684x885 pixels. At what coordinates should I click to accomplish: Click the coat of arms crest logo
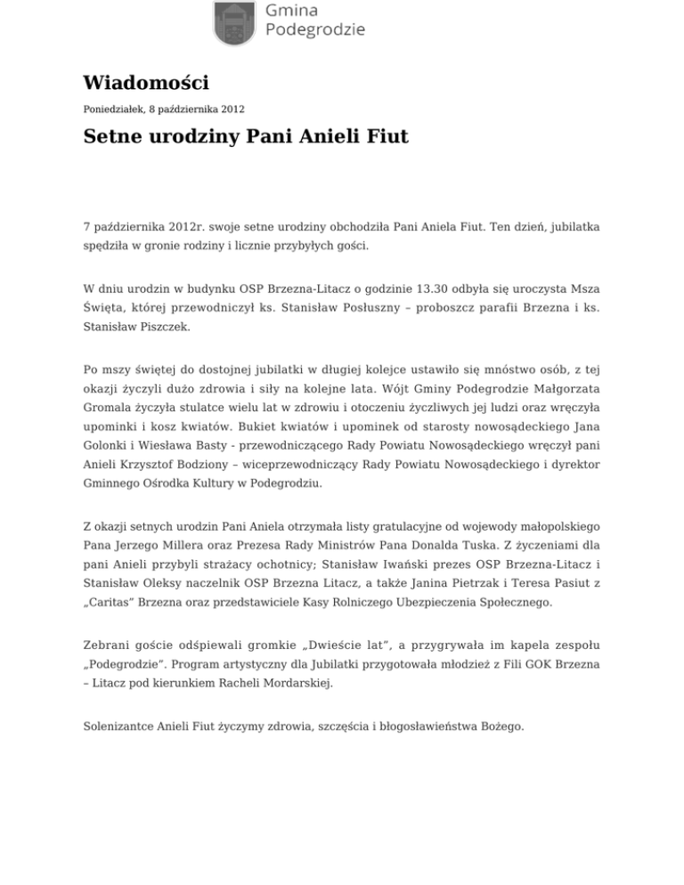(x=236, y=22)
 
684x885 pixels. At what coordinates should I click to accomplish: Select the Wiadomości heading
(x=146, y=84)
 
